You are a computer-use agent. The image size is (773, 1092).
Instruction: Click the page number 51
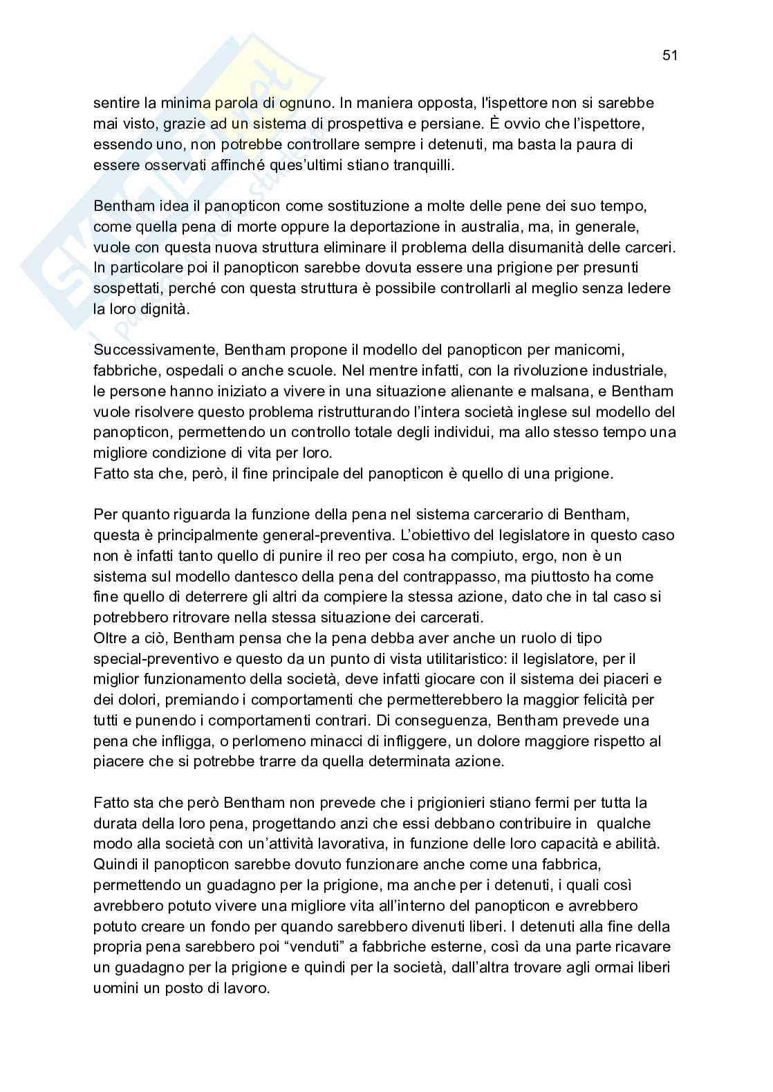669,56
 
